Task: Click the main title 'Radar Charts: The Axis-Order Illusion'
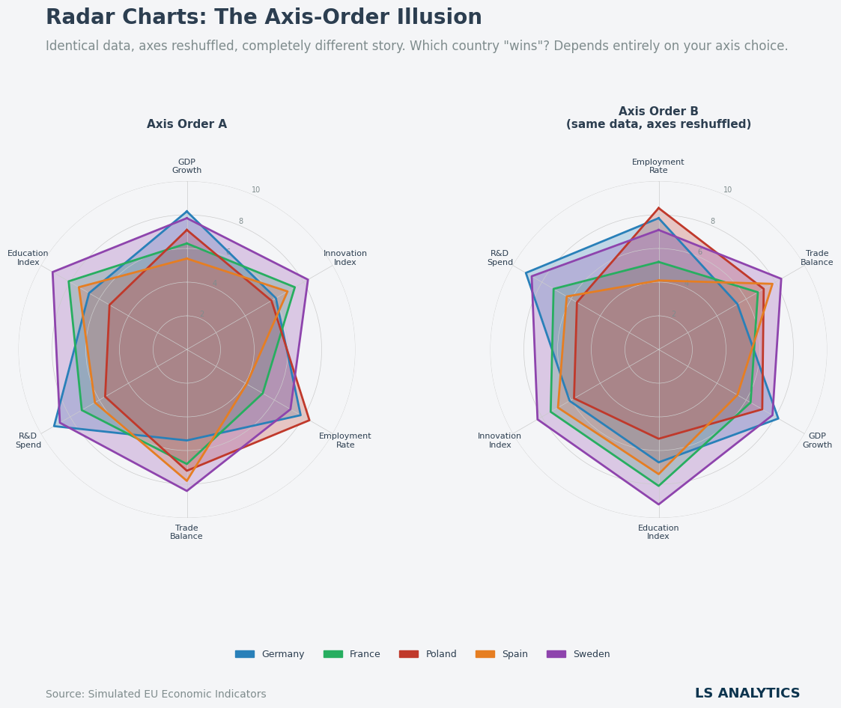(x=264, y=18)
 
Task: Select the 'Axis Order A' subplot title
(x=186, y=124)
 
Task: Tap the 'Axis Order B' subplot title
(x=658, y=118)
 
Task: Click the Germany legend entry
(x=270, y=654)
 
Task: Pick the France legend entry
(x=352, y=654)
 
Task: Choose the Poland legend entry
(x=428, y=654)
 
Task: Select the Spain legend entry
(x=502, y=654)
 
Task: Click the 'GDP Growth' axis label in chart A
(x=186, y=166)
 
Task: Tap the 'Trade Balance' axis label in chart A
(x=186, y=532)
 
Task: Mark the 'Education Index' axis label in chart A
(x=28, y=258)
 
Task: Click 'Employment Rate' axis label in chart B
(x=658, y=166)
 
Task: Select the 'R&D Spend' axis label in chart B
(x=500, y=258)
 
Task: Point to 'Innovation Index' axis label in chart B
(x=500, y=441)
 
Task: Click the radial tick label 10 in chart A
(x=256, y=190)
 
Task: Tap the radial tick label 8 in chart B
(x=712, y=222)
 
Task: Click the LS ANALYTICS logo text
(x=747, y=694)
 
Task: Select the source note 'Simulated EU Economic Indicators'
(x=156, y=695)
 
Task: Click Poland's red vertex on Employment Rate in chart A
(x=309, y=420)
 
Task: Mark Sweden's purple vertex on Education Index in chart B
(x=659, y=504)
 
